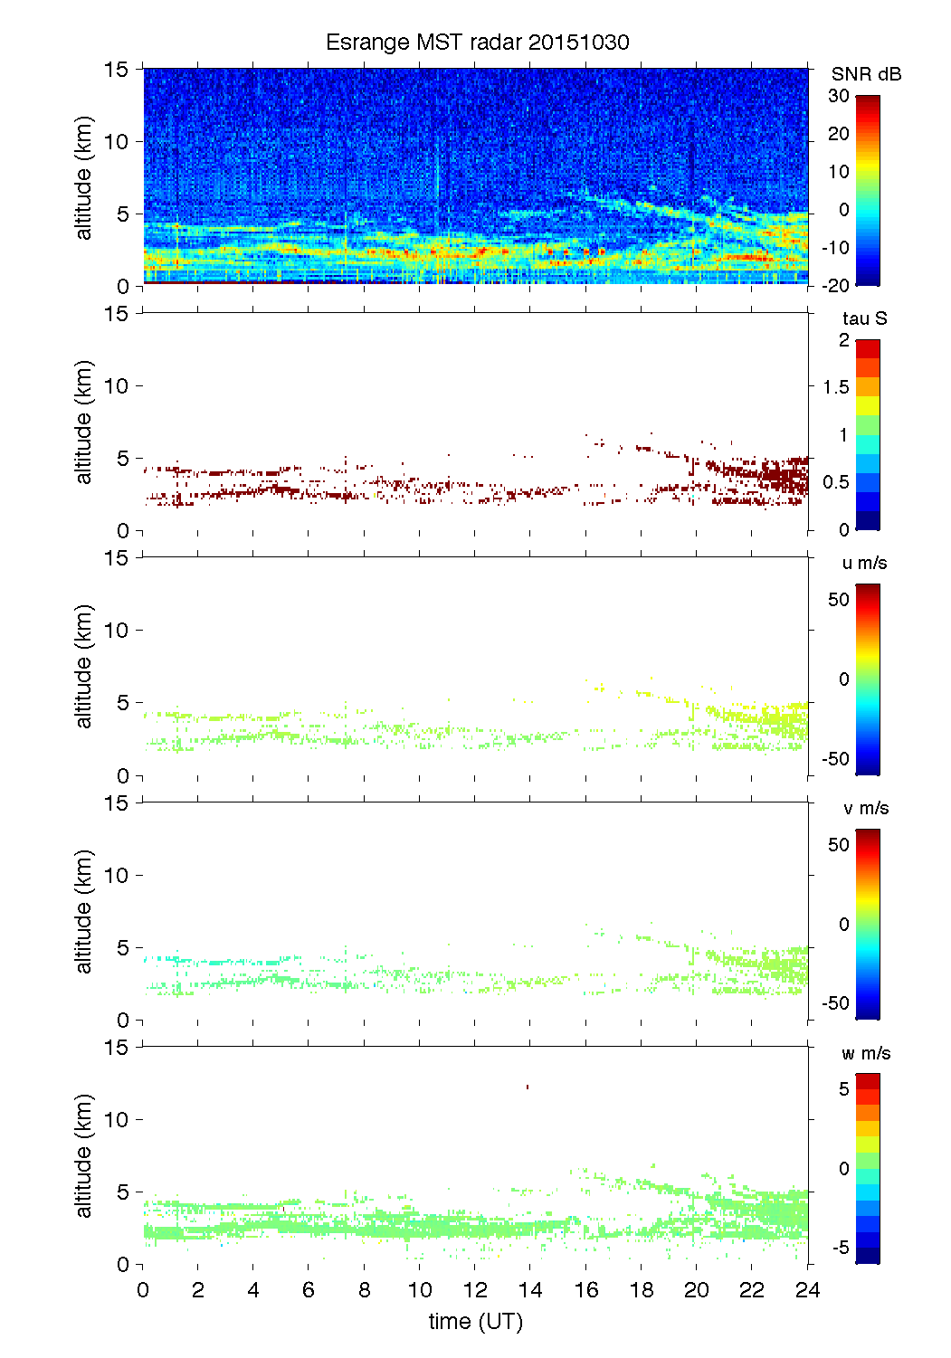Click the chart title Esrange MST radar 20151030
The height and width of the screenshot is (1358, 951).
coord(477,43)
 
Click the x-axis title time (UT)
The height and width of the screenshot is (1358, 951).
coord(476,1322)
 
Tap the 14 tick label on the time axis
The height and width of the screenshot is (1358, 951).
coord(530,1290)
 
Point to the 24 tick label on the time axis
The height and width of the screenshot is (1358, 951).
coord(807,1290)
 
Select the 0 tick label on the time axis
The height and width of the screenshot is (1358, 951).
coord(143,1290)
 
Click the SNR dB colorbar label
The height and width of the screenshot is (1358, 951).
coord(866,74)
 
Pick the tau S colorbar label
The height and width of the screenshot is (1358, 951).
coord(864,318)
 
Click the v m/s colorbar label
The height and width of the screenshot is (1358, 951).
coord(864,808)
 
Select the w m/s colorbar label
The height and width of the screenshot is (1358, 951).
coord(865,1053)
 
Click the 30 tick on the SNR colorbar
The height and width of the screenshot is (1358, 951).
coord(839,96)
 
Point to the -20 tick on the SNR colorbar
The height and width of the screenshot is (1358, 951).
coord(836,286)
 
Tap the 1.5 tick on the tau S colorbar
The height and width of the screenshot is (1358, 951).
coord(835,387)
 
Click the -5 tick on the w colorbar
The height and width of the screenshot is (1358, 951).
coord(839,1248)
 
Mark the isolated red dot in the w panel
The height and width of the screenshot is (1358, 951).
coord(527,1087)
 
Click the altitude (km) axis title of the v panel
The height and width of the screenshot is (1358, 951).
coord(84,911)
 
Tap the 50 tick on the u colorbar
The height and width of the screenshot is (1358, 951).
coord(839,600)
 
